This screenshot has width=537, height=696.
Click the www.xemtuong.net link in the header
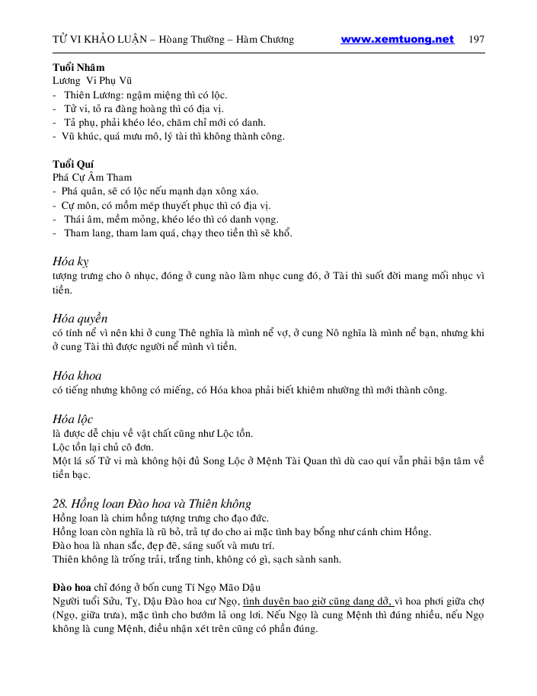pos(397,40)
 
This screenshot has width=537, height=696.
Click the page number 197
pos(478,40)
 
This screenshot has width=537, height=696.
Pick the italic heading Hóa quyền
pos(80,318)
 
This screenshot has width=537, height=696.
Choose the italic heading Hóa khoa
pos(77,375)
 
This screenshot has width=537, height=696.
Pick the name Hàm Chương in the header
pos(267,40)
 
